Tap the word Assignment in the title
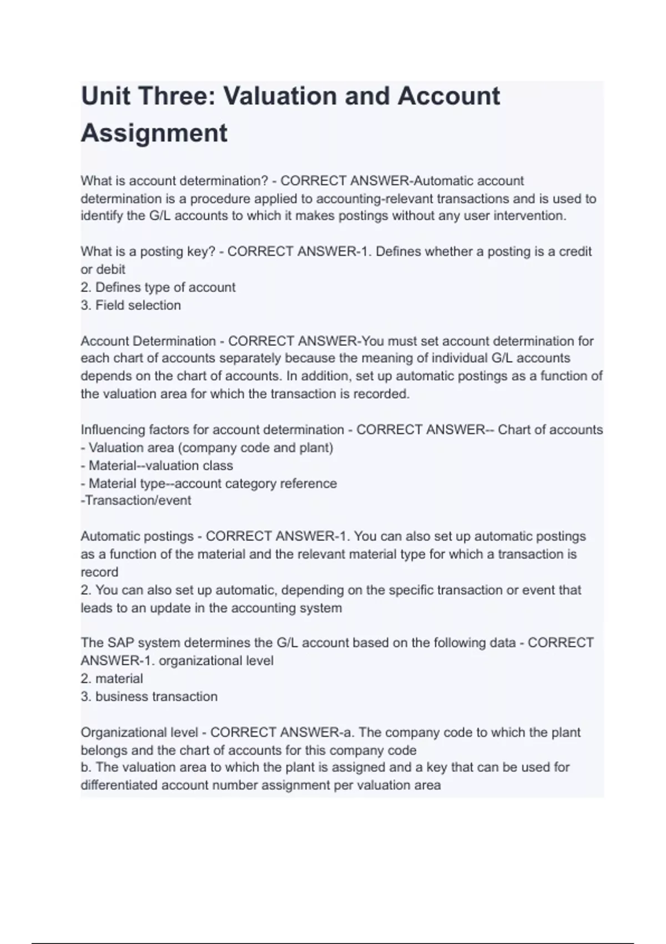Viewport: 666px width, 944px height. coord(154,133)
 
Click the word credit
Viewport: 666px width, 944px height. coord(575,252)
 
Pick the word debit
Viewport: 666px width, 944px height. coord(110,269)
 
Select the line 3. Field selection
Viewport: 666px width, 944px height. coord(131,305)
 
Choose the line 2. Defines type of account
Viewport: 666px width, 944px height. coord(158,287)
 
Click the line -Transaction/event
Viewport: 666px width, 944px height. coord(136,500)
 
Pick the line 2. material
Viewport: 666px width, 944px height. coord(112,679)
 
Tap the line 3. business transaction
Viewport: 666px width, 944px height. coord(149,696)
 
